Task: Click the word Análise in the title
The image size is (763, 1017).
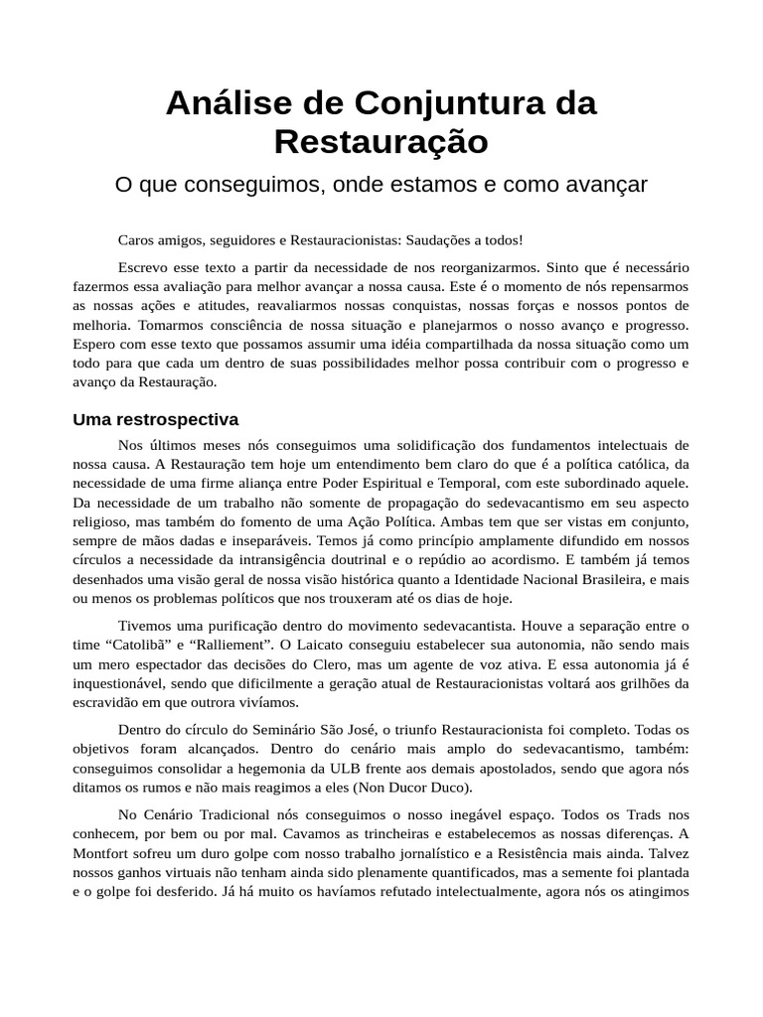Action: point(224,103)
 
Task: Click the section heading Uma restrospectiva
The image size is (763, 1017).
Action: point(155,419)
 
